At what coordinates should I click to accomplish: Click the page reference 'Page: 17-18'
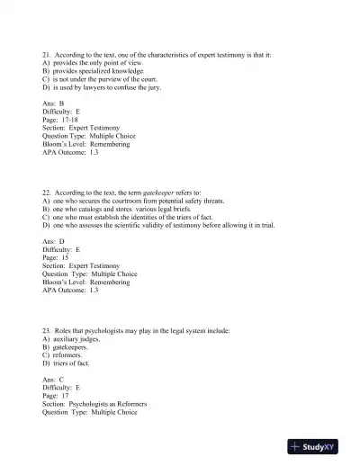(x=62, y=121)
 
